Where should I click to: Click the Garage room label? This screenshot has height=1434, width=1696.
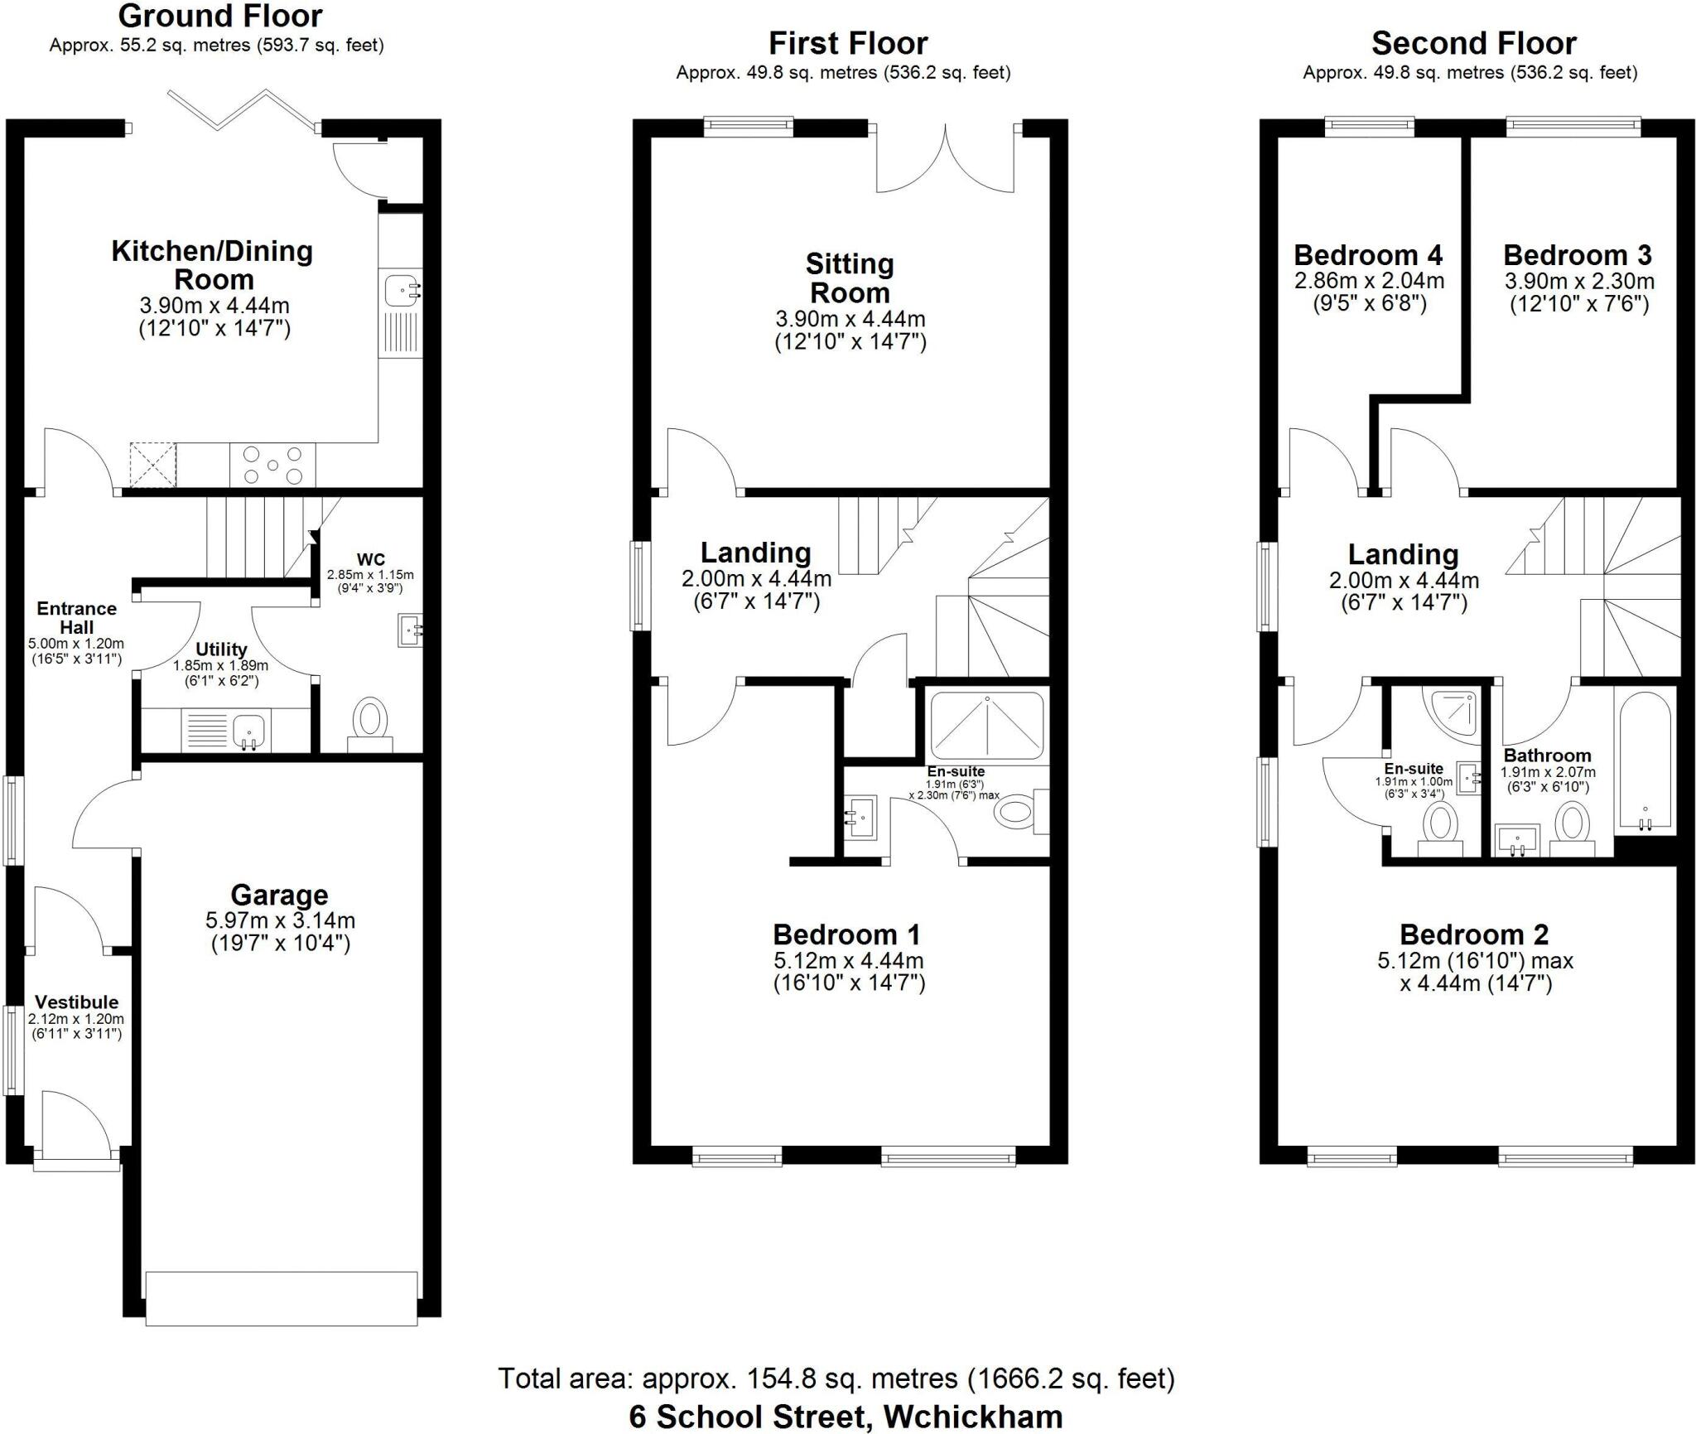[279, 896]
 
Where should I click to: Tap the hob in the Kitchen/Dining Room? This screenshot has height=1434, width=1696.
[272, 465]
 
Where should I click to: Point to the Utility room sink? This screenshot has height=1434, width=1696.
[248, 730]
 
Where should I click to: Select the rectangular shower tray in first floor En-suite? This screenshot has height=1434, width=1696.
[987, 724]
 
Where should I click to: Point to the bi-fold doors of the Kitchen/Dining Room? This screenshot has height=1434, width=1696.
[243, 110]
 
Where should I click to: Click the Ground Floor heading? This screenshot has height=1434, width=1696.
[220, 16]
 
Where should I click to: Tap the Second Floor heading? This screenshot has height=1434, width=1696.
[1473, 43]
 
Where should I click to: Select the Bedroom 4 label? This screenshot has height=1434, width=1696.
[1368, 254]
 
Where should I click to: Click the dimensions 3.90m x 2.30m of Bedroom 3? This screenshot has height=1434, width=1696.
[1579, 281]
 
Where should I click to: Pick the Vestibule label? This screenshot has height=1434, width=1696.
[76, 1002]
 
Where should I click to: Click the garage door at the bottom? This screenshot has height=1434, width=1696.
[281, 1299]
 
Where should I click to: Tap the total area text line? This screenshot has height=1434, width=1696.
[836, 1378]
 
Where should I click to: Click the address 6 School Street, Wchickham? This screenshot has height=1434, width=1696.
[846, 1417]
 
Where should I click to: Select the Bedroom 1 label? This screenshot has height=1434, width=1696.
[846, 934]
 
